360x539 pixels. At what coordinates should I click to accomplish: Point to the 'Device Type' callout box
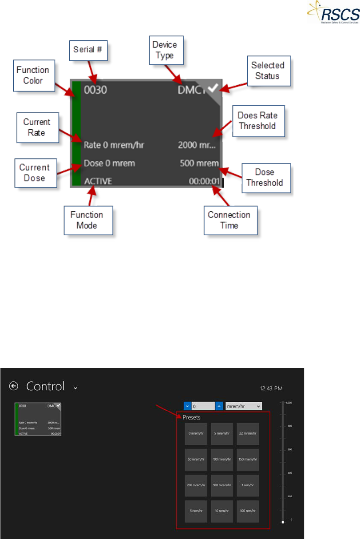coord(164,50)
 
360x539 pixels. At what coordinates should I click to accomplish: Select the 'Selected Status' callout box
coord(267,71)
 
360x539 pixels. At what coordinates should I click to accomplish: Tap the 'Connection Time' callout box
coord(229,220)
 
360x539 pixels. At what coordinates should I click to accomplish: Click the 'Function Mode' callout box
coord(87,220)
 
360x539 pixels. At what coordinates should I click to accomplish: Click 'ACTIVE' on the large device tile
coord(98,181)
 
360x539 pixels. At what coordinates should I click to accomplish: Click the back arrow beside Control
coord(14,386)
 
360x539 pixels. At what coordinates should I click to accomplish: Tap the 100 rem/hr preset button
coord(248,511)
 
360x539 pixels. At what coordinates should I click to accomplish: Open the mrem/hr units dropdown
coord(244,406)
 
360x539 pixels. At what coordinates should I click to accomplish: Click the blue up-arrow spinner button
coord(219,406)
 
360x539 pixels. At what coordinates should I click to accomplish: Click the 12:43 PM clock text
coord(271,388)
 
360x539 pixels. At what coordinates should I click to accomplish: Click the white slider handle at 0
coord(283,522)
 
